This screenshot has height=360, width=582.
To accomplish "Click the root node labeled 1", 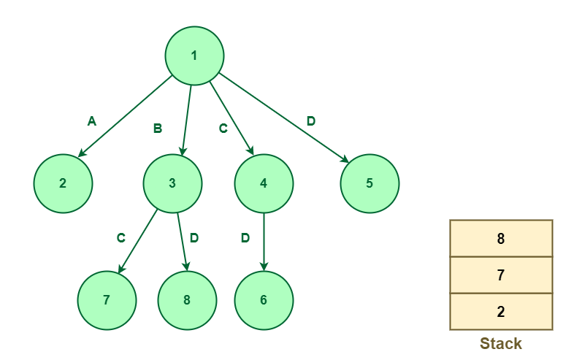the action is (x=194, y=55).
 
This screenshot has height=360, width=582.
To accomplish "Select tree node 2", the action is (x=63, y=184).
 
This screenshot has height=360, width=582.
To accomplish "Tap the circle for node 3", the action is (x=173, y=184).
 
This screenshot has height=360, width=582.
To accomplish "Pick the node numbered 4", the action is (x=264, y=184).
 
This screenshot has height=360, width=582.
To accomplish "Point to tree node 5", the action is (x=370, y=184).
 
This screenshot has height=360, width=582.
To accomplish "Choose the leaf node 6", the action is (x=264, y=301).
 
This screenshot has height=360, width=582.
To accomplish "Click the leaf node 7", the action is (x=107, y=301).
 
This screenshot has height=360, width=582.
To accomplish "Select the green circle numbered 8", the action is (x=187, y=301).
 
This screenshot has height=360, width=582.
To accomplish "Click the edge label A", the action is (x=92, y=121).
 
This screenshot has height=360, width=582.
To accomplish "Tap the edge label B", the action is (x=158, y=129).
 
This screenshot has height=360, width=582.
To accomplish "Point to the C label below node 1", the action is (x=223, y=129).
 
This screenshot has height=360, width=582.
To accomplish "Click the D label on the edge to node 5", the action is (x=311, y=121).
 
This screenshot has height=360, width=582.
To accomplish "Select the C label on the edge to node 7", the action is (x=121, y=238).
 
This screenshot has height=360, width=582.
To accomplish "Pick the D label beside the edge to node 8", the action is (x=194, y=238).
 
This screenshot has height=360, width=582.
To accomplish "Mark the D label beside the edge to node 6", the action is (x=245, y=238).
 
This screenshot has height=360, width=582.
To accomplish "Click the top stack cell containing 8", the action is (x=501, y=238).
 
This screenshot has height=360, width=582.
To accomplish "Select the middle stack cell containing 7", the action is (x=501, y=275).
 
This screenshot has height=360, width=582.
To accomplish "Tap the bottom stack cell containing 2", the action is (x=501, y=311).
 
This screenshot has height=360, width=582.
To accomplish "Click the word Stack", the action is (x=501, y=344).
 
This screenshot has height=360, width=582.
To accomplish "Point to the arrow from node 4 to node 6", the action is (x=264, y=242).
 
